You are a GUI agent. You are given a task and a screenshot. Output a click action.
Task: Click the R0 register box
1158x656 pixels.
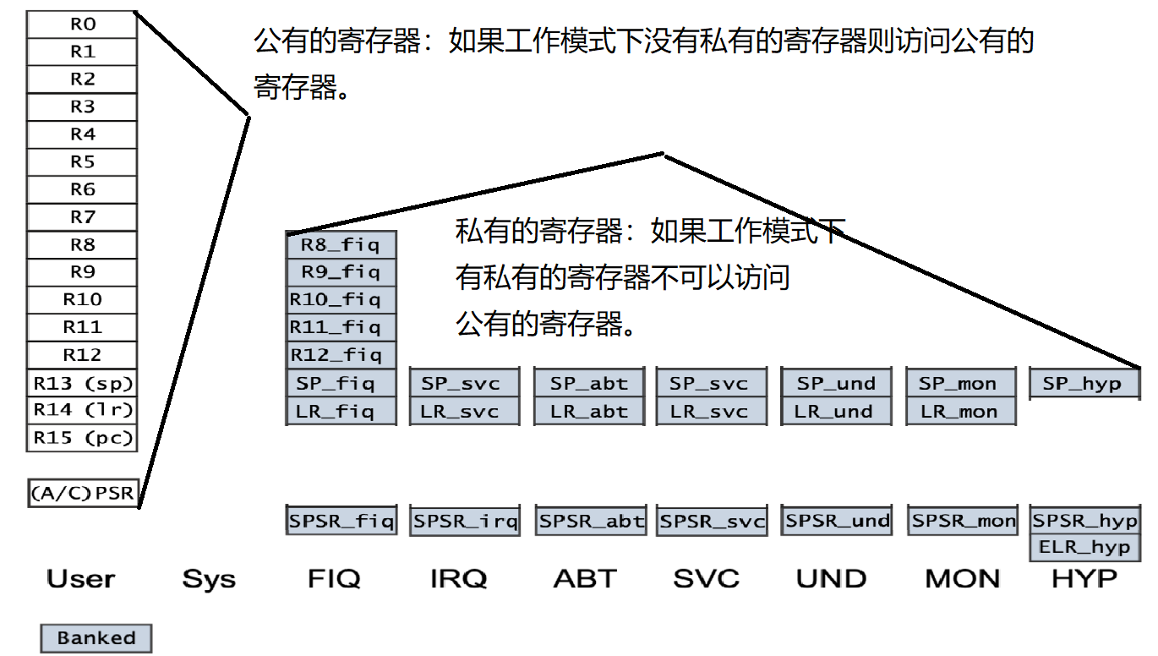82,25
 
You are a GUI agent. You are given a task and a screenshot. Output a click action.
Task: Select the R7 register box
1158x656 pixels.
82,217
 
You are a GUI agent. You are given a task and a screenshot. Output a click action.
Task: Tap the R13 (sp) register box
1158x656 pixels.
82,383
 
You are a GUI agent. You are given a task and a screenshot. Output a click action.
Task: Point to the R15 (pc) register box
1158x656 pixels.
82,438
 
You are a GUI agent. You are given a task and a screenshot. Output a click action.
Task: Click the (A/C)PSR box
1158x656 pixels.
82,493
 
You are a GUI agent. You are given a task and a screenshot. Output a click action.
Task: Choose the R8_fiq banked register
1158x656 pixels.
341,245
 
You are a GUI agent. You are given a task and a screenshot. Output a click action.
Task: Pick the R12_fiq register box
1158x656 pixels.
341,355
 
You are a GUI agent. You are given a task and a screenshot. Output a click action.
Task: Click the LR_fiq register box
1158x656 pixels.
341,412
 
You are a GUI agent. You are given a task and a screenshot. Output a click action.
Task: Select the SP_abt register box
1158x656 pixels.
589,383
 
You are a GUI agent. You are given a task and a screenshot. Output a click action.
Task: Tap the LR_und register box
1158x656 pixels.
835,412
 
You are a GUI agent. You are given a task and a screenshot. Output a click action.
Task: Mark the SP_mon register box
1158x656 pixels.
960,383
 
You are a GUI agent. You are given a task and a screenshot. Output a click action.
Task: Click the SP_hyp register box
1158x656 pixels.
1084,383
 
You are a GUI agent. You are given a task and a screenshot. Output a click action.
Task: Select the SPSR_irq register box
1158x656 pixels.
465,521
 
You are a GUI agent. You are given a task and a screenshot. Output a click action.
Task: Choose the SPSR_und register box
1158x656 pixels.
837,520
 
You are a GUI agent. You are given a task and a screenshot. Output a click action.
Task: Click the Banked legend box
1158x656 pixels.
96,638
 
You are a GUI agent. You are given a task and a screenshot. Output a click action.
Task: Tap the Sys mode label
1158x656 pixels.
209,579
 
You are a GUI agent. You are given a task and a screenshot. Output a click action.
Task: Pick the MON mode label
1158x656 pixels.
962,579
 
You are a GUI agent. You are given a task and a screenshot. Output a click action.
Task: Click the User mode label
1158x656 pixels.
80,579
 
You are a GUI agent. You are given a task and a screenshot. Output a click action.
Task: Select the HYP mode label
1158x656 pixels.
1084,579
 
